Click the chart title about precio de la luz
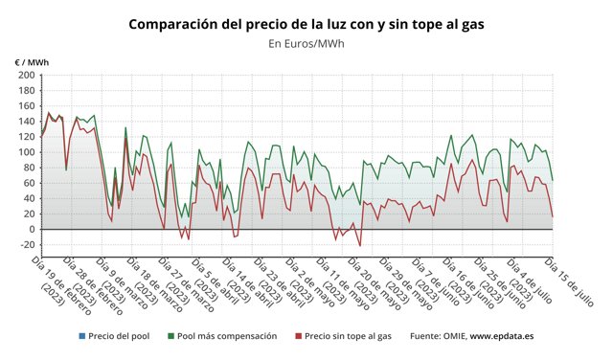coord(306,23)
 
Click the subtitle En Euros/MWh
coord(306,43)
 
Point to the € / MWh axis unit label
coord(32,62)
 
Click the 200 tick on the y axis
coord(26,76)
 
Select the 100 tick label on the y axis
coord(26,152)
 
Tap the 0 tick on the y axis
coord(31,229)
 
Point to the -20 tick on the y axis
coord(26,244)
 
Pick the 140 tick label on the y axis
coord(26,122)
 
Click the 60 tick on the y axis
coord(28,183)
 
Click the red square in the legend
coord(298,336)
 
